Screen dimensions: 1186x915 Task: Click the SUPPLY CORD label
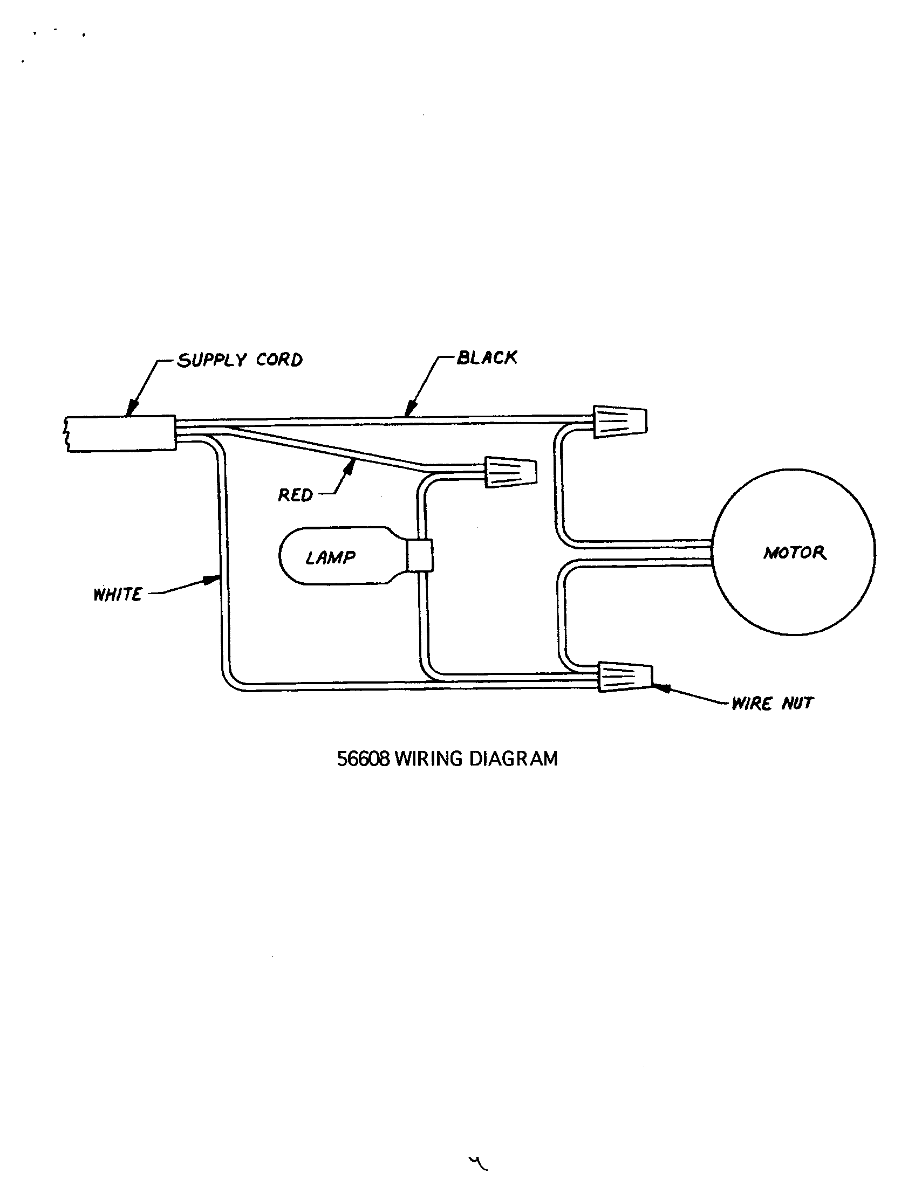pos(240,360)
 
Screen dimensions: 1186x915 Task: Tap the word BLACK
pos(487,358)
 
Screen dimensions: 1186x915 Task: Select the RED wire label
pos(295,495)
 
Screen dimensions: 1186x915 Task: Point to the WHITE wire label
pos(118,595)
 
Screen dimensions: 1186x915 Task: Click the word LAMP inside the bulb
pos(330,558)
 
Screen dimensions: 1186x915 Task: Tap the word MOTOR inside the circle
pos(794,553)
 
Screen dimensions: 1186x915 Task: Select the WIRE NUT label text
pos(772,704)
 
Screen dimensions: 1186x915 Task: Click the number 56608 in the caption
pos(363,759)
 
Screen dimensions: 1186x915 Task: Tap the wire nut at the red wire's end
pos(510,472)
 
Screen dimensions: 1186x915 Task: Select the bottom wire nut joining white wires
pos(625,677)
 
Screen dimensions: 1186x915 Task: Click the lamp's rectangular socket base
pos(420,555)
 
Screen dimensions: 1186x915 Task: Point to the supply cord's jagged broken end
pos(66,433)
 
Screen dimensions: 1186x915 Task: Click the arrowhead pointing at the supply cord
pos(131,409)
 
